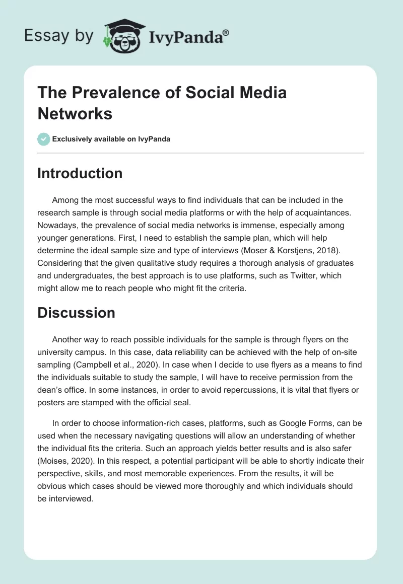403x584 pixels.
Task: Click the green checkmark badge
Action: coord(44,139)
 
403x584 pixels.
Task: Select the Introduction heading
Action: coord(80,173)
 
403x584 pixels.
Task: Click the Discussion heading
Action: coord(76,313)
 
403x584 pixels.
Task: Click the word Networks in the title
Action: coord(75,114)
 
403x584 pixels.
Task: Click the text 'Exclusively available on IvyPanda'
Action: coord(111,139)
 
